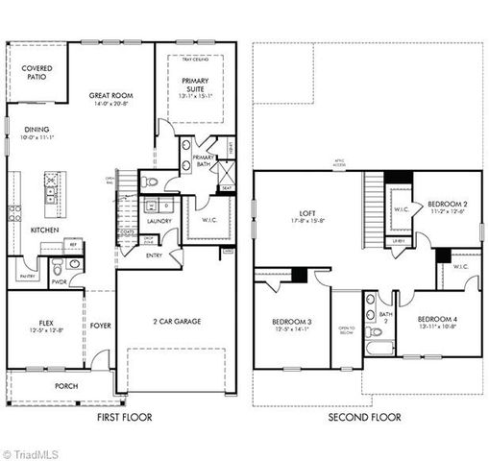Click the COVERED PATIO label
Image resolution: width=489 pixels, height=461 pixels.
pyautogui.click(x=38, y=73)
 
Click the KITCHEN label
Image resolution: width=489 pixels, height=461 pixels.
pyautogui.click(x=45, y=230)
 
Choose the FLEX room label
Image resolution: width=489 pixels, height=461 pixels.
pyautogui.click(x=39, y=321)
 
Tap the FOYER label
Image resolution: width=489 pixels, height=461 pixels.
pyautogui.click(x=100, y=326)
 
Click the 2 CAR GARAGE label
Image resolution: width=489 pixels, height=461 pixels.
pyautogui.click(x=177, y=321)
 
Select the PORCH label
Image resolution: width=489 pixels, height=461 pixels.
pyautogui.click(x=65, y=386)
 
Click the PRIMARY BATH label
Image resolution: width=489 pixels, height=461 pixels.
pyautogui.click(x=204, y=160)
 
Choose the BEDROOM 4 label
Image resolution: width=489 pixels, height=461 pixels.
pyautogui.click(x=441, y=321)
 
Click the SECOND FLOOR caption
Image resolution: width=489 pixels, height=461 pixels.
pyautogui.click(x=365, y=418)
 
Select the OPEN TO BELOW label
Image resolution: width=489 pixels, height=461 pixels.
pyautogui.click(x=347, y=331)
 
